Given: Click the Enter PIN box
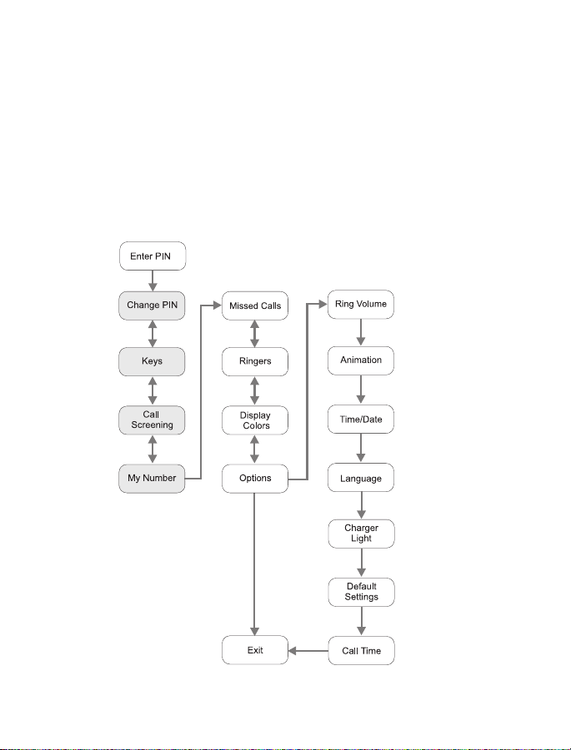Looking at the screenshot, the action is [153, 256].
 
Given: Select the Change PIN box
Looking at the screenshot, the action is [152, 305].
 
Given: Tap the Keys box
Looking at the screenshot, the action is [152, 361].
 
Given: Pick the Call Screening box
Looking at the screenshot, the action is [152, 420].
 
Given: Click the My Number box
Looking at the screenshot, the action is [152, 479].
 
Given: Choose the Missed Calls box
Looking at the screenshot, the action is [255, 305].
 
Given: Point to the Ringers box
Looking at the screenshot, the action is [255, 361].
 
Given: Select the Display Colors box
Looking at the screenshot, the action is [255, 420].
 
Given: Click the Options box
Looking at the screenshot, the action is [255, 479].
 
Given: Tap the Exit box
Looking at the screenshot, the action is [255, 650].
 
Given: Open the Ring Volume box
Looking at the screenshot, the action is [361, 304].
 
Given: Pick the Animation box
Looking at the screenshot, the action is [361, 360].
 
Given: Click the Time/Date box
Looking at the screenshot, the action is [361, 419].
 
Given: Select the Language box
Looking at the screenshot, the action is [361, 477].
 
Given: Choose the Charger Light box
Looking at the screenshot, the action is [361, 534].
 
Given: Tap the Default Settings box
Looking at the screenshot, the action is [361, 592].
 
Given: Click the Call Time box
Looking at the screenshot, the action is [361, 650].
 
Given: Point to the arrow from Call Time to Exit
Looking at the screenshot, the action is [308, 651].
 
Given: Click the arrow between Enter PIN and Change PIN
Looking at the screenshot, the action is [153, 281].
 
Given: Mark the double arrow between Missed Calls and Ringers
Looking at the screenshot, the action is [255, 334].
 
